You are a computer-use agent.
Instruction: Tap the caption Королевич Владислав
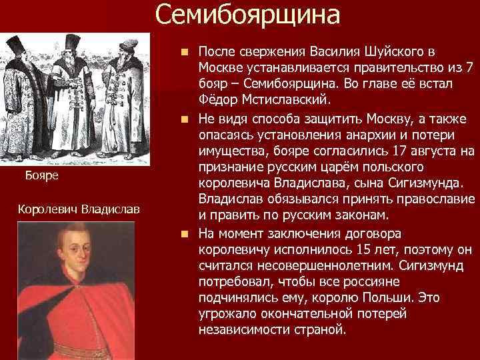(79, 209)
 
